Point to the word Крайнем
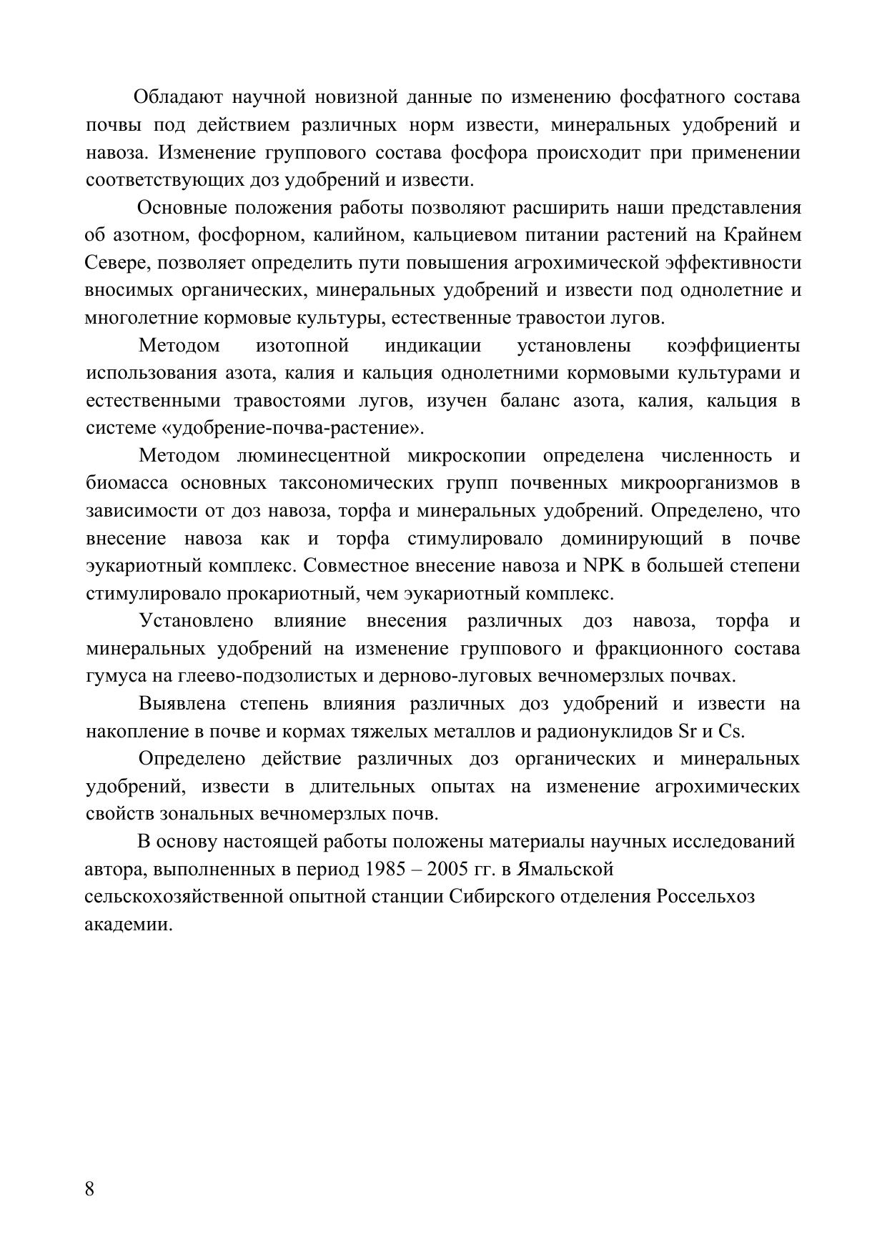(763, 235)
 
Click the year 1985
(385, 870)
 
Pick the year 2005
(447, 870)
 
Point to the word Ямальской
(565, 870)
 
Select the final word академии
(129, 925)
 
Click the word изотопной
(302, 346)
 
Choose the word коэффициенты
(733, 346)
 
